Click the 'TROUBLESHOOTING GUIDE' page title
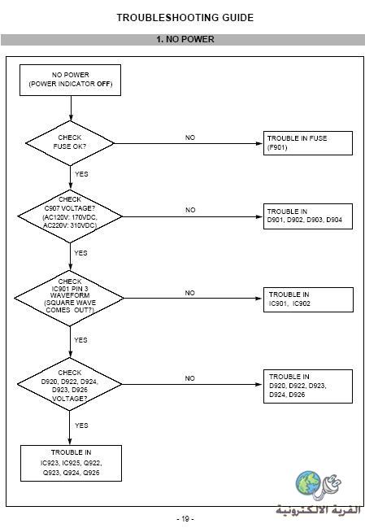point(185,18)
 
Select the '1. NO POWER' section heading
point(185,39)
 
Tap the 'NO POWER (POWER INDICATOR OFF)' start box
point(70,81)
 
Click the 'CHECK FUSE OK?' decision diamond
point(70,143)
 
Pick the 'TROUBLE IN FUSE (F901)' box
point(308,143)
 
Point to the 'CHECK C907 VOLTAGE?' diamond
point(70,216)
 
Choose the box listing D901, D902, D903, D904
point(308,216)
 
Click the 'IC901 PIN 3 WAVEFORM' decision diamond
point(69,298)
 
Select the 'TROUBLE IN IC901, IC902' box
point(308,299)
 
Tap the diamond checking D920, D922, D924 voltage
point(70,384)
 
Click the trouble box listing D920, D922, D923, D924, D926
point(308,386)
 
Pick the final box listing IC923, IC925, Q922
point(71,464)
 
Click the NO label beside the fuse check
point(190,137)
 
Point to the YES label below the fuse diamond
point(81,174)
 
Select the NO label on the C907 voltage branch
point(190,210)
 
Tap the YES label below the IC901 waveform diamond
point(80,340)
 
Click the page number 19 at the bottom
point(185,518)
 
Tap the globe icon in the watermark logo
point(308,483)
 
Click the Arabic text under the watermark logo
point(318,509)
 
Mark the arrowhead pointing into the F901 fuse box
point(259,143)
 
